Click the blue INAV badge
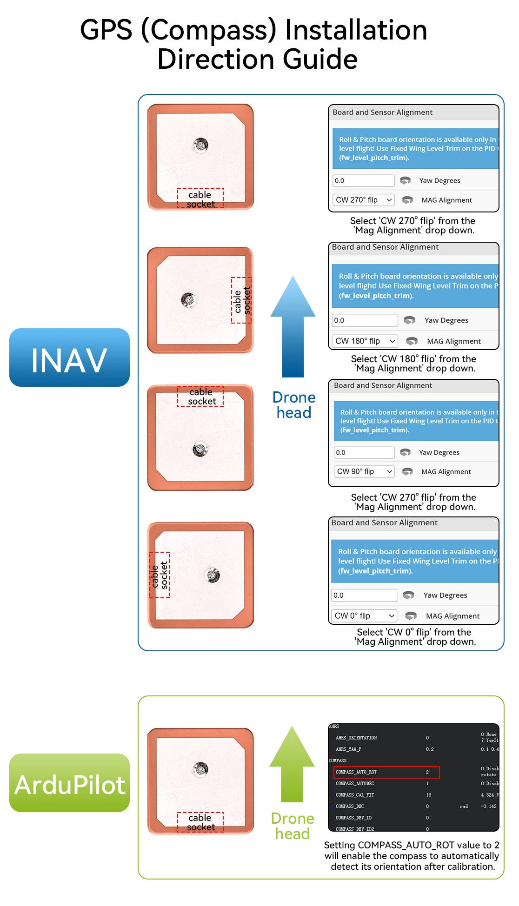point(69,357)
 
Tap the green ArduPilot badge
point(69,783)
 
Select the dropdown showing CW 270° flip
point(364,200)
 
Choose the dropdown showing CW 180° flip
point(365,341)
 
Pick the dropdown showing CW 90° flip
point(365,471)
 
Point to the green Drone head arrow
point(292,764)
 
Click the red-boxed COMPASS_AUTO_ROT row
point(386,772)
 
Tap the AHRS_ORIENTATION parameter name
point(356,738)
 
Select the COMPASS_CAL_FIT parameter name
point(355,795)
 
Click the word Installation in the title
point(356,30)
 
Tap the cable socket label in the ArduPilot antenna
point(200,822)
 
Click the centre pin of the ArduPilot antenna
point(201,769)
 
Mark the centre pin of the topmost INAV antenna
point(201,145)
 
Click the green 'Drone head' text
point(293,826)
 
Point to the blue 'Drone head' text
point(294,405)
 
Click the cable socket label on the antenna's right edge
point(241,300)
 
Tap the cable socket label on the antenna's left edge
point(160,575)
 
